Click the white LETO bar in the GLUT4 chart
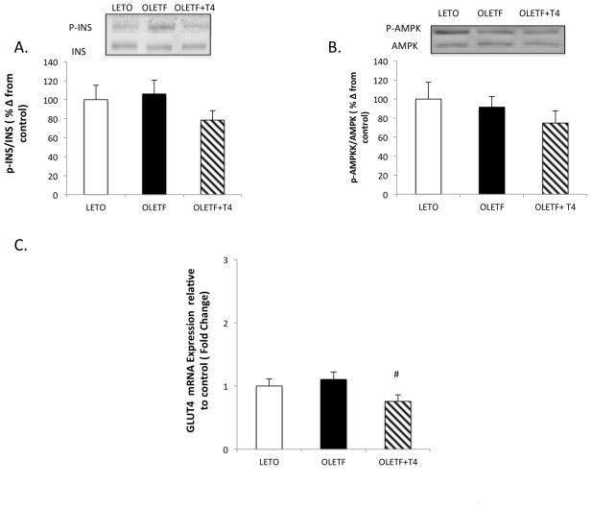268,418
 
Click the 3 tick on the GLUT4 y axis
224,260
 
